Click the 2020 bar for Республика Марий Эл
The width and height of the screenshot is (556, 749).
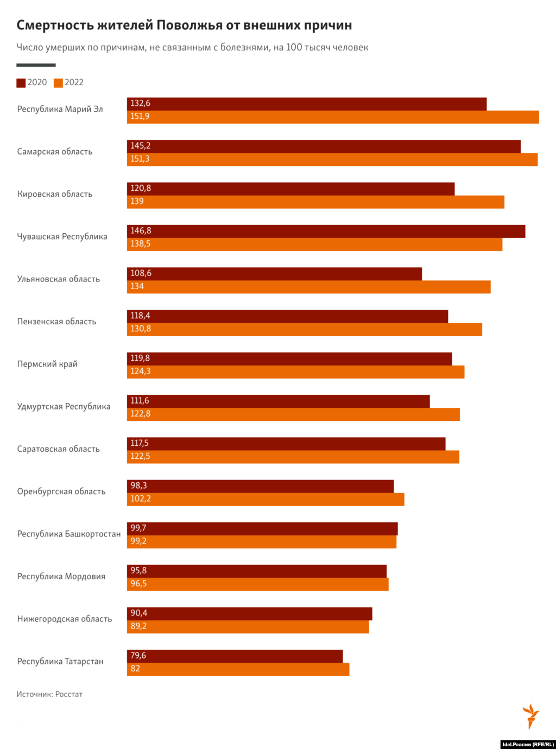click(307, 104)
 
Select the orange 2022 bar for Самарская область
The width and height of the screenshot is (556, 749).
click(332, 159)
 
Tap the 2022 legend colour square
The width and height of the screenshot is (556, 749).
click(58, 83)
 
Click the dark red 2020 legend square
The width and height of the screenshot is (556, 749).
click(21, 83)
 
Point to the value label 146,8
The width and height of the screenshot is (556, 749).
click(141, 231)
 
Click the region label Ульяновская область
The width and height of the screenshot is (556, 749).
click(59, 279)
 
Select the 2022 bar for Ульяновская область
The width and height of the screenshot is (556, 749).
click(308, 287)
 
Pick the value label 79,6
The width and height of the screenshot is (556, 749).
click(138, 656)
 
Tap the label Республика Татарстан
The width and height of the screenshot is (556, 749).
click(60, 662)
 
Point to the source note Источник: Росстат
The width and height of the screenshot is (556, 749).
click(49, 694)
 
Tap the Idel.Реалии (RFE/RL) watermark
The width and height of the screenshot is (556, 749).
click(528, 744)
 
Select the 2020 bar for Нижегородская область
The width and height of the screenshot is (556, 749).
click(250, 613)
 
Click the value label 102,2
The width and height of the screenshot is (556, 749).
click(141, 499)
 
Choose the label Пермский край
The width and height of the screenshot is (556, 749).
click(47, 364)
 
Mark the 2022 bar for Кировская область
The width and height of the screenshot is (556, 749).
click(315, 202)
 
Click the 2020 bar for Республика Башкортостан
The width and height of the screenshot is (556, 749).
click(262, 529)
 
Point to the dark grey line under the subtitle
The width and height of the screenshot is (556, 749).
click(36, 65)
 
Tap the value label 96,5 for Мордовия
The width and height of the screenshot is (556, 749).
click(138, 584)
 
